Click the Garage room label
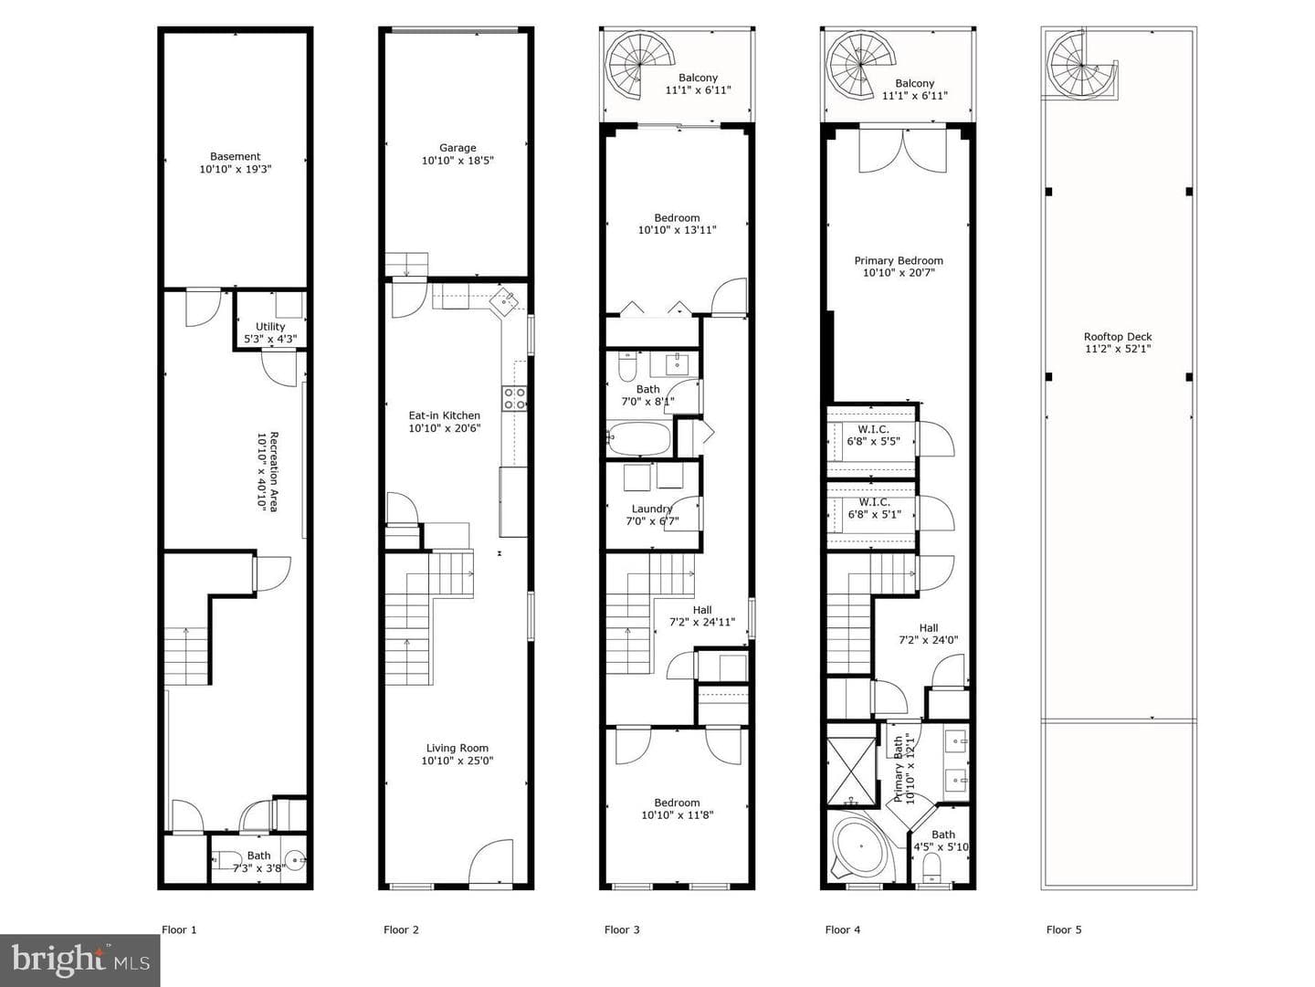coord(458,154)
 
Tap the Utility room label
coord(270,333)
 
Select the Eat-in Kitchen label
coord(445,422)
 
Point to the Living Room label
coord(458,754)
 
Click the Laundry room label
coord(652,515)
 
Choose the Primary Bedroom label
coord(899,267)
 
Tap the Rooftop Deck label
coord(1118,342)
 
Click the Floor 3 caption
coord(622,929)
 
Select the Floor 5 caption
coord(1064,929)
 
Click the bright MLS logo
coord(79,960)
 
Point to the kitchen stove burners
coord(515,398)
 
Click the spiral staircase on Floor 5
coord(1083,66)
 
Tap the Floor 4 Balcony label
coord(914,89)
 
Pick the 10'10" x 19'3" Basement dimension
coord(236,170)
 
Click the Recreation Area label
coord(268,471)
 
